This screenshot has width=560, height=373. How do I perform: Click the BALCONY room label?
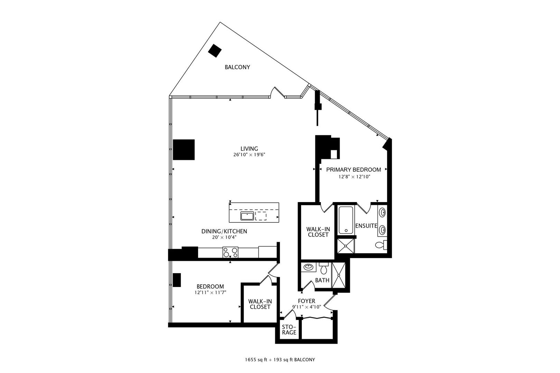pyautogui.click(x=237, y=67)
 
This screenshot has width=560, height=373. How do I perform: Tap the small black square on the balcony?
pyautogui.click(x=215, y=51)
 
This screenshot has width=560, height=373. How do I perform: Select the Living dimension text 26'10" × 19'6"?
pyautogui.click(x=249, y=155)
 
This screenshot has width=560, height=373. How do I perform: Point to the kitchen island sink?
pyautogui.click(x=247, y=216)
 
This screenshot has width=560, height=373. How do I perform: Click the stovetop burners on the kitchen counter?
pyautogui.click(x=230, y=252)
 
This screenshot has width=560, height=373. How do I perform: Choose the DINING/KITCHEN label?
pyautogui.click(x=224, y=231)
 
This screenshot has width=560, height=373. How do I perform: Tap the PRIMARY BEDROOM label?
pyautogui.click(x=354, y=170)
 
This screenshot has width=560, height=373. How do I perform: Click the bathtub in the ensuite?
pyautogui.click(x=346, y=220)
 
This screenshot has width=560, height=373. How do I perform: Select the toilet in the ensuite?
pyautogui.click(x=381, y=245)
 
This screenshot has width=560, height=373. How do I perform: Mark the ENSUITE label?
pyautogui.click(x=366, y=226)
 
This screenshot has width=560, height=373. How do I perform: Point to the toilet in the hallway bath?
pyautogui.click(x=324, y=268)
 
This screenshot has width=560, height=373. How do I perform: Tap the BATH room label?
pyautogui.click(x=322, y=280)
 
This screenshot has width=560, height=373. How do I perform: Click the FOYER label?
pyautogui.click(x=307, y=301)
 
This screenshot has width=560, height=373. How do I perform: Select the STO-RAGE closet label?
pyautogui.click(x=289, y=330)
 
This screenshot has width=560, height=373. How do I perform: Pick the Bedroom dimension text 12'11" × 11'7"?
pyautogui.click(x=210, y=292)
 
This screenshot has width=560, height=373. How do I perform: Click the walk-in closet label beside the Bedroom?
pyautogui.click(x=260, y=304)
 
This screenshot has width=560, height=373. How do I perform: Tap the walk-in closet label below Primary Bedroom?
pyautogui.click(x=318, y=232)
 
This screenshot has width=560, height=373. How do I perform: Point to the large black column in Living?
pyautogui.click(x=184, y=150)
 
